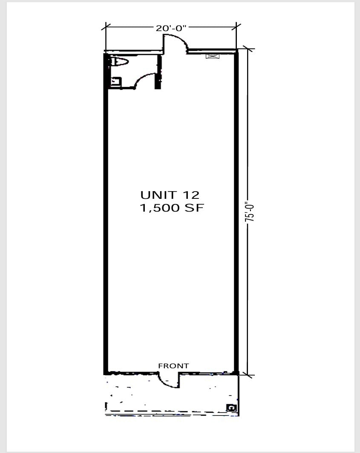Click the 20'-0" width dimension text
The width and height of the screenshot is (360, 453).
171,28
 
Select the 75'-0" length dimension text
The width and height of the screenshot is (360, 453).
250,212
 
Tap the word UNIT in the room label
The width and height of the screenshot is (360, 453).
158,195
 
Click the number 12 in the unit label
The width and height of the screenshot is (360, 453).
190,195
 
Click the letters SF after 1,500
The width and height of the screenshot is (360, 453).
194,208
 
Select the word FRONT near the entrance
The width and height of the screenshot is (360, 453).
173,366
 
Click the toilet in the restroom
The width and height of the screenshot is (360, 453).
119,62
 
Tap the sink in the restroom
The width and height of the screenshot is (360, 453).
116,81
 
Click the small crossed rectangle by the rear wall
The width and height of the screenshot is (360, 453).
213,56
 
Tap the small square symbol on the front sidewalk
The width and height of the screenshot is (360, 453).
231,407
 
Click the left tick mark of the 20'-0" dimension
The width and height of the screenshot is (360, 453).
106,27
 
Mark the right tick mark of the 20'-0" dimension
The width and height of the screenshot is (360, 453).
236,27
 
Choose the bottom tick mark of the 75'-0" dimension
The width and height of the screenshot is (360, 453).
248,376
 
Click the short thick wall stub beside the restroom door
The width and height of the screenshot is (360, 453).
158,72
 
